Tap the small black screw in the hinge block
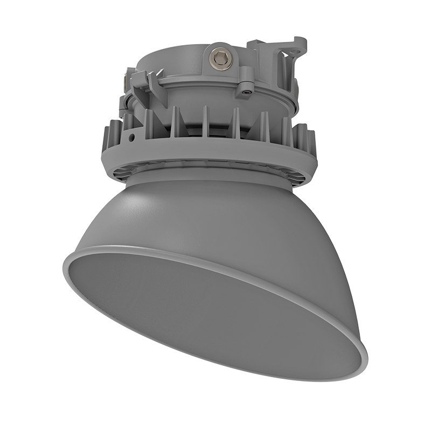point(247,92)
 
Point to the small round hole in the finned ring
point(131,137)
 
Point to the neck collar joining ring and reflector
point(210,175)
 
